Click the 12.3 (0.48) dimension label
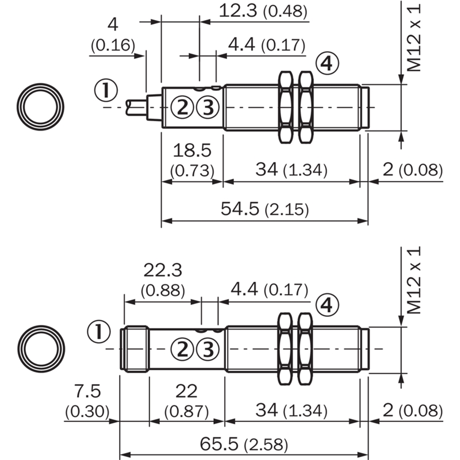click(263, 11)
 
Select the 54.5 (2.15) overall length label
click(264, 209)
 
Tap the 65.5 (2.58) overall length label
click(244, 444)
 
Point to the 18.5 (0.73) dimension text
click(192, 160)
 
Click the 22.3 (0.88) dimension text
click(163, 280)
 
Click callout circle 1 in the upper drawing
click(106, 90)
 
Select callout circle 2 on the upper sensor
click(182, 107)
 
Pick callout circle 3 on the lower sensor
click(208, 349)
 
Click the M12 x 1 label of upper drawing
click(414, 38)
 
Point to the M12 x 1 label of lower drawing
click(414, 280)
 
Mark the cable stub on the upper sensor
click(136, 108)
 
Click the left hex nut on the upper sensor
click(285, 108)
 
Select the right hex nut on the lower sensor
click(305, 349)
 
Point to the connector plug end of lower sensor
click(135, 349)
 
